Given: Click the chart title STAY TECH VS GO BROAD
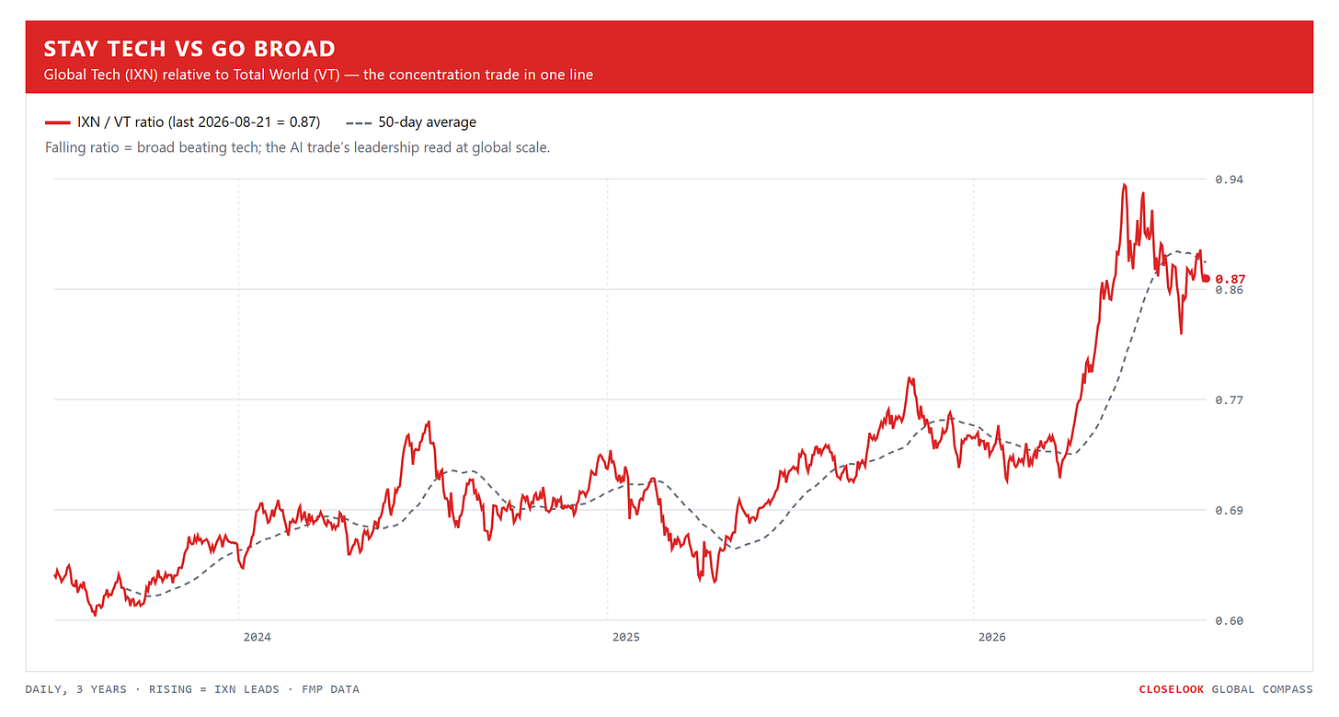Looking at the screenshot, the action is click(189, 49).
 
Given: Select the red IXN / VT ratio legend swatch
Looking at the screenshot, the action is click(57, 122).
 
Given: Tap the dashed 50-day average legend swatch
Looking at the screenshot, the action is click(359, 122).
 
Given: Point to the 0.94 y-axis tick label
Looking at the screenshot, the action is click(1229, 179).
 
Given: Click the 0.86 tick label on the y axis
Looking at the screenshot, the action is click(1229, 290).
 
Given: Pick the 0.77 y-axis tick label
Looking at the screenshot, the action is click(1229, 399).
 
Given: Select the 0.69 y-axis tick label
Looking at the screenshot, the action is click(1229, 511).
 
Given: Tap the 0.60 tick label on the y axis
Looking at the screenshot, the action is click(1229, 620).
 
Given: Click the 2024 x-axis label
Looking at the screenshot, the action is click(257, 637).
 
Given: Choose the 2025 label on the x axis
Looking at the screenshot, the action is click(626, 637).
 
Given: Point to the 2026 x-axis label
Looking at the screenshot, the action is click(991, 637).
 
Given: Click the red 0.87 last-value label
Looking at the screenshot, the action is click(1230, 280).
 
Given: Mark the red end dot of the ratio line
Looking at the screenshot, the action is click(1207, 278).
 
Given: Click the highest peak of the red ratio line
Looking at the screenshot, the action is click(1125, 185).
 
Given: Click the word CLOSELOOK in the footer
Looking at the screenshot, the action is click(1171, 689).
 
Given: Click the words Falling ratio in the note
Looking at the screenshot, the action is click(82, 147).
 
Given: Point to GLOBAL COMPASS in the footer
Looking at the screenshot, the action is click(1262, 689).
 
